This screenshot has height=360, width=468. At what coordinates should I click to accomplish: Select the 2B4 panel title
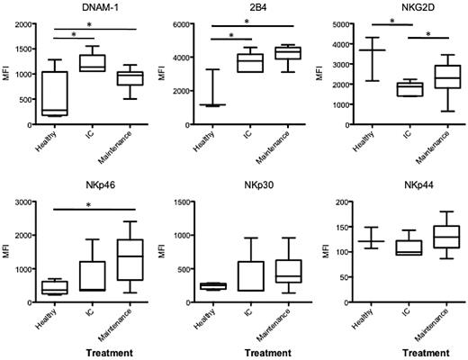pos(243,7)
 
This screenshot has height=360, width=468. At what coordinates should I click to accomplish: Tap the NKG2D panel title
pos(398,7)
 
